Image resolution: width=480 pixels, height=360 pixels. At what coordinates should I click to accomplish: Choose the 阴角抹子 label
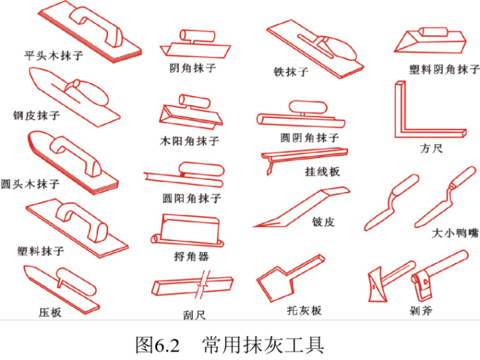click(x=193, y=67)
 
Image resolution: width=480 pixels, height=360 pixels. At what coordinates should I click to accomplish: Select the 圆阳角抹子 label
click(x=192, y=198)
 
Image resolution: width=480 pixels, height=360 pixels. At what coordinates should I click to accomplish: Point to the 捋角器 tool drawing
click(x=189, y=230)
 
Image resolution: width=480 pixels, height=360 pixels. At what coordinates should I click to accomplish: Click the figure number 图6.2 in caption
click(x=157, y=345)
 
